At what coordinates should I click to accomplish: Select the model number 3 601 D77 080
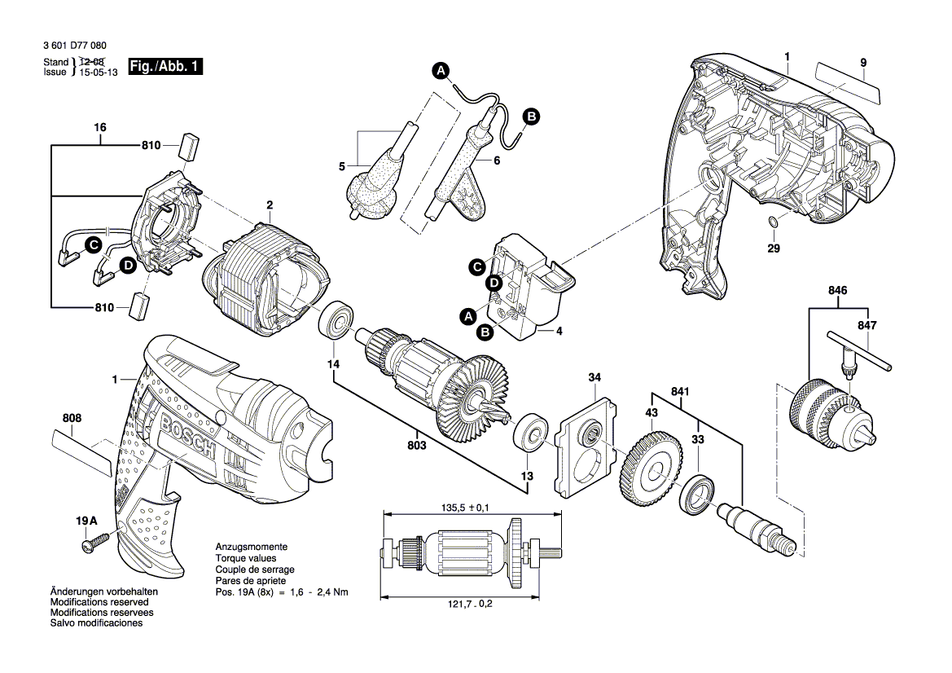[73, 47]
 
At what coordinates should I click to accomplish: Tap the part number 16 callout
[100, 128]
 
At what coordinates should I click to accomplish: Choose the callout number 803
[416, 446]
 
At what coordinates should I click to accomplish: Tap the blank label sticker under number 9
[848, 82]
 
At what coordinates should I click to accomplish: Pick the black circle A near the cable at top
[441, 71]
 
